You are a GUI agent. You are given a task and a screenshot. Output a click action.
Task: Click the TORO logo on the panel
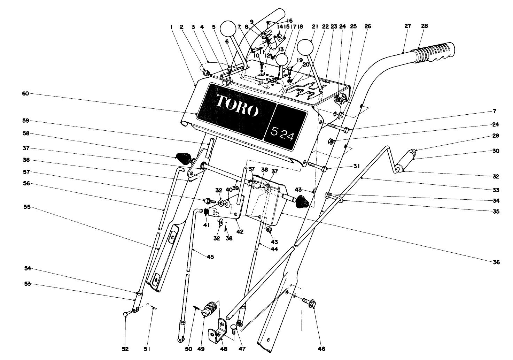click(237, 105)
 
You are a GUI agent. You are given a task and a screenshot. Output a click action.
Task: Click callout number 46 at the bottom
click(321, 348)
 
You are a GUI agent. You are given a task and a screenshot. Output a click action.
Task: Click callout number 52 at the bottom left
click(125, 349)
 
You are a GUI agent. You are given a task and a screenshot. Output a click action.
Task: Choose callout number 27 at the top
click(408, 26)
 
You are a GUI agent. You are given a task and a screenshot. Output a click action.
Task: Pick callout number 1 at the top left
click(172, 26)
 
